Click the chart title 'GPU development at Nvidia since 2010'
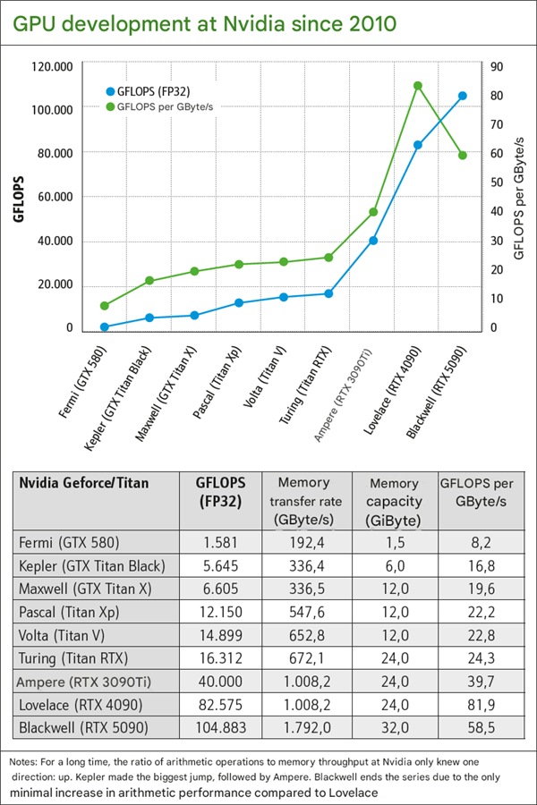[203, 22]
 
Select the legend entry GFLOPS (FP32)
[153, 90]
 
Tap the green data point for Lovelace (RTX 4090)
[418, 86]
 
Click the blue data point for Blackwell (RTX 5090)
[463, 96]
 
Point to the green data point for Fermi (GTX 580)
[105, 306]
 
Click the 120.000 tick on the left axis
[51, 66]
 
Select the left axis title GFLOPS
[18, 197]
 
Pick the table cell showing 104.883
[219, 726]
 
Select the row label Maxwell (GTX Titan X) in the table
[83, 589]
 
